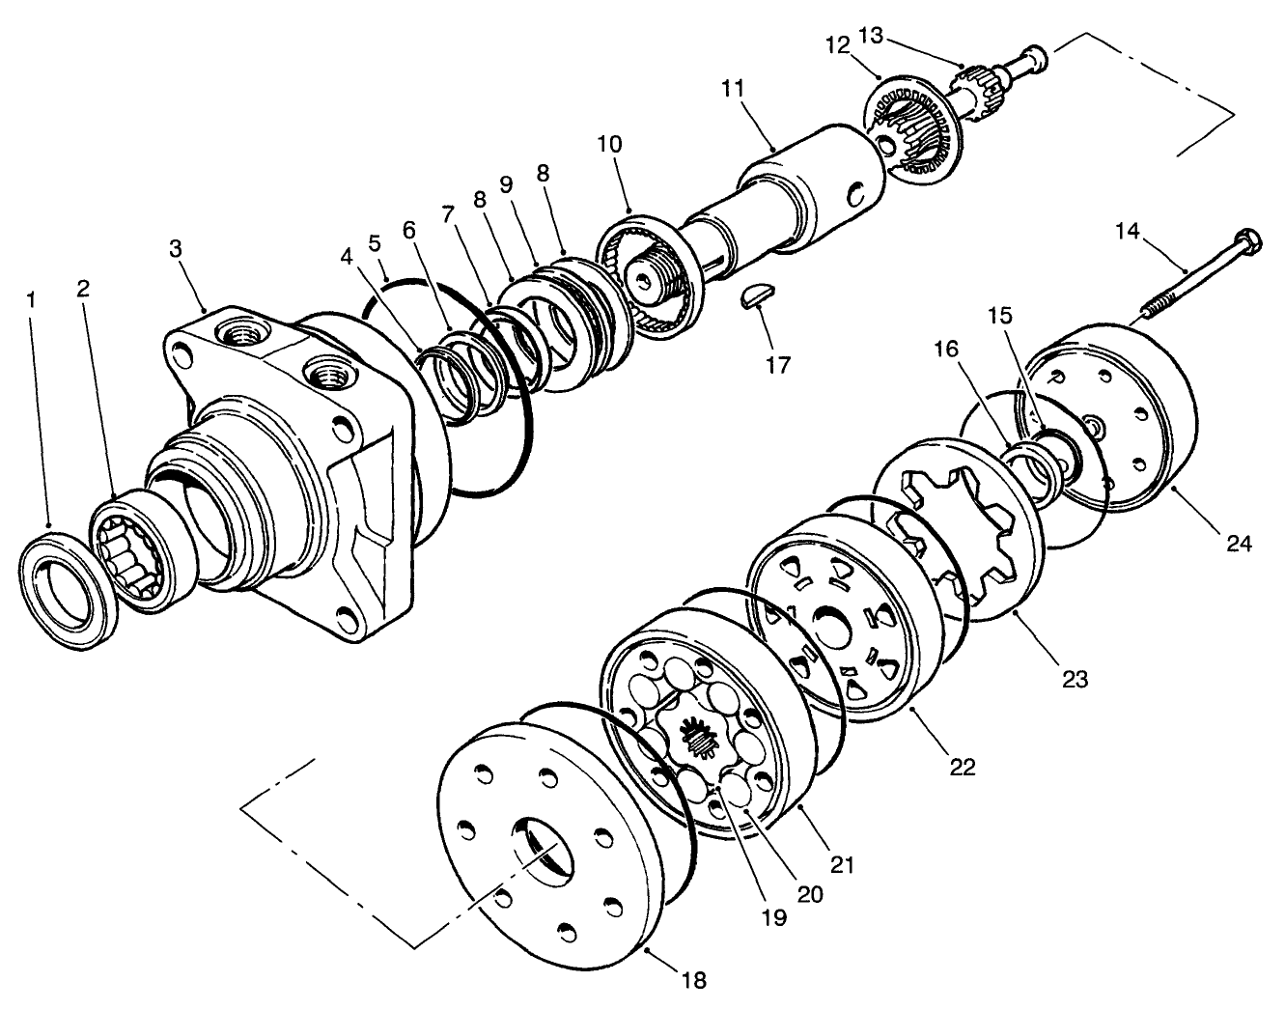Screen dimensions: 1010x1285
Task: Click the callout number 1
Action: click(31, 301)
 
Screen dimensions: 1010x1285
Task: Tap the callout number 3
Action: click(175, 249)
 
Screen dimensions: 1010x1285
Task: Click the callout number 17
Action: click(778, 366)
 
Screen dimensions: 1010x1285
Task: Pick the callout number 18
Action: click(693, 981)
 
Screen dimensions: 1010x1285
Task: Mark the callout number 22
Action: click(962, 768)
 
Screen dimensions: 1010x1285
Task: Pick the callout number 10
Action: click(609, 145)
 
